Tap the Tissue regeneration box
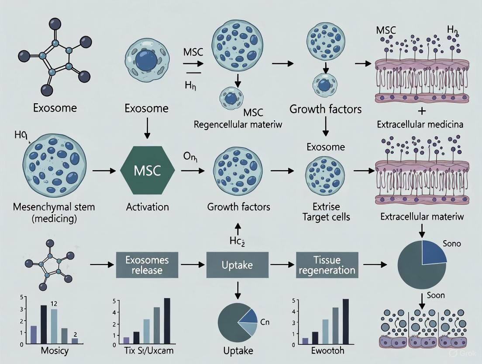(x=326, y=265)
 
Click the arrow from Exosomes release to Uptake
(x=192, y=265)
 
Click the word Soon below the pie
(x=435, y=295)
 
